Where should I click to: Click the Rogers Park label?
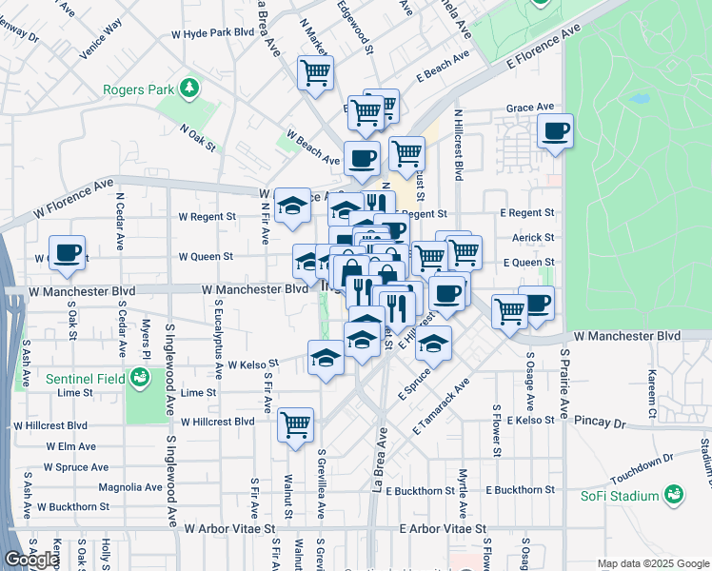pos(139,90)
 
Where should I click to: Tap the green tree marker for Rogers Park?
pos(190,89)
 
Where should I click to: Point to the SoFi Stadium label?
pos(620,496)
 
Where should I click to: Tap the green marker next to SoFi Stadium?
pos(674,495)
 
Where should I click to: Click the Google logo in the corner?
pos(31,560)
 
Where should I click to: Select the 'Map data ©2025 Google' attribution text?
pos(653,563)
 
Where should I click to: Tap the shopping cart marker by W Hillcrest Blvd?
pos(296,423)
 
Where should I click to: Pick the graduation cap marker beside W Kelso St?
pos(326,359)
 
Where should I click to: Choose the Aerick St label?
pos(534,237)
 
